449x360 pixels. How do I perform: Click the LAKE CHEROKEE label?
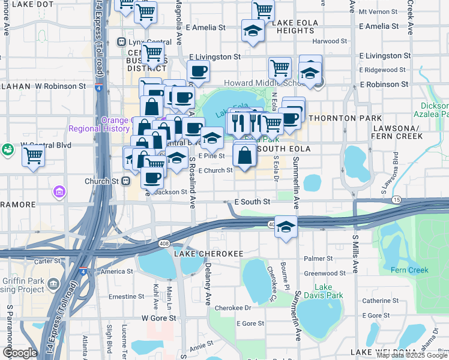tap(190, 254)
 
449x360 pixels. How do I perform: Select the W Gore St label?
tap(158, 317)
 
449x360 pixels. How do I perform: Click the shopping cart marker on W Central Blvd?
tap(34, 156)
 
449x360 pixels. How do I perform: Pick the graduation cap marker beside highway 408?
tap(286, 227)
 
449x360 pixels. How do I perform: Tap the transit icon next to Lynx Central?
tap(121, 42)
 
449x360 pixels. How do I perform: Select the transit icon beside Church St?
tap(126, 180)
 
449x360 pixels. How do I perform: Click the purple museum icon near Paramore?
tap(59, 192)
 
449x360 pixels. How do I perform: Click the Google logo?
tap(19, 353)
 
